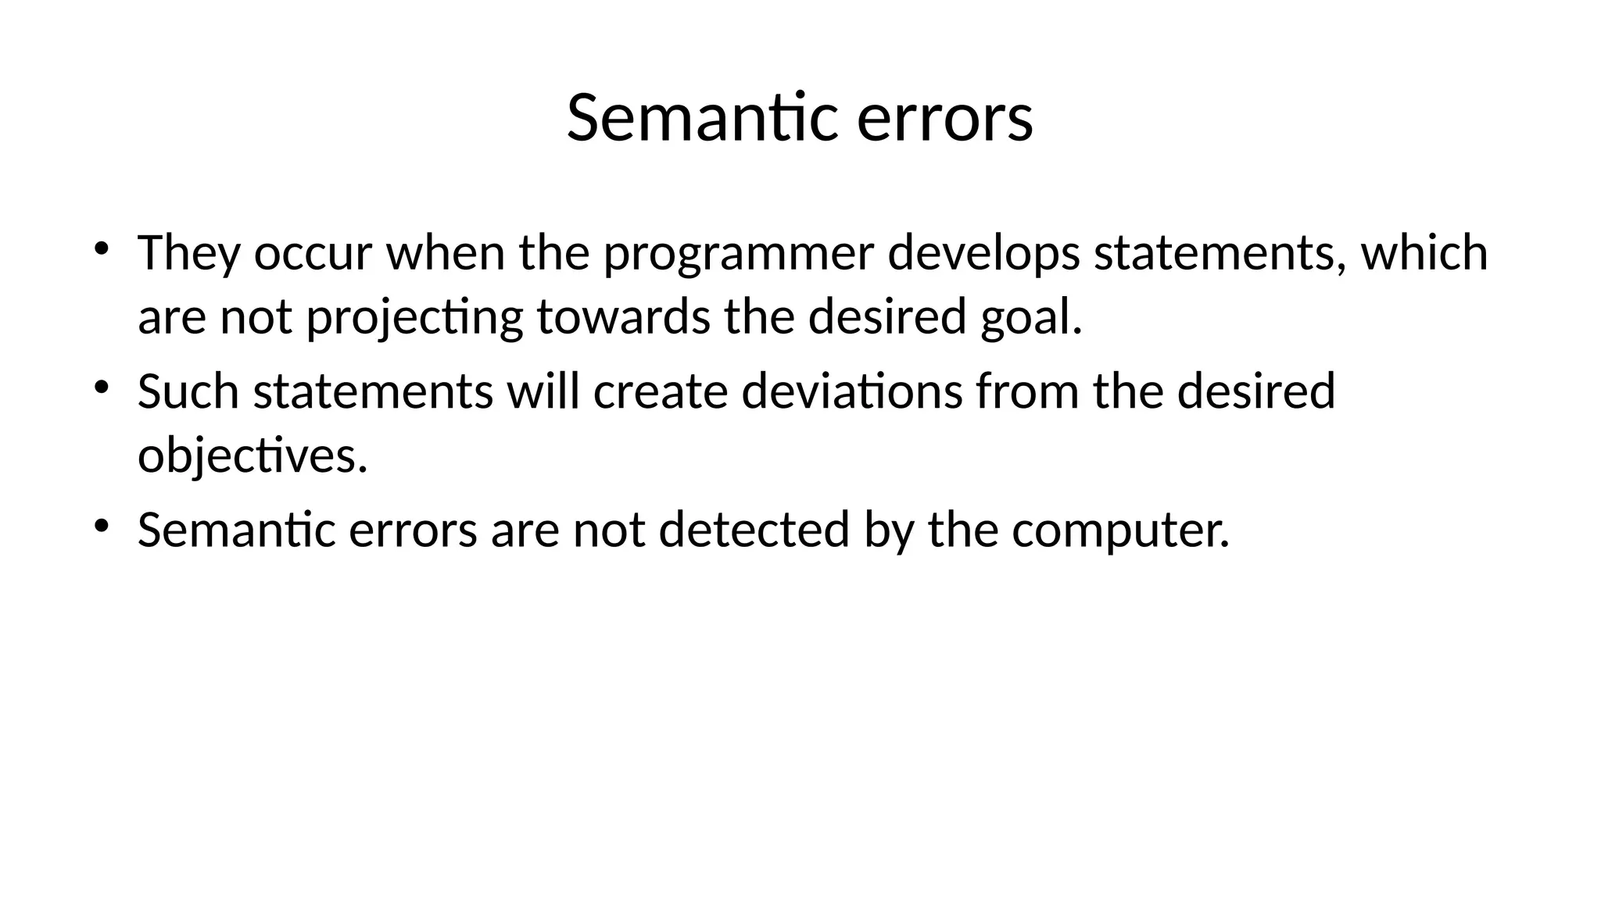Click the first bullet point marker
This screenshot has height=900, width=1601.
pyautogui.click(x=101, y=248)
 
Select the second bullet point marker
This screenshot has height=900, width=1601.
pyautogui.click(x=101, y=387)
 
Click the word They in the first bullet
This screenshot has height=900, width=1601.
pyautogui.click(x=188, y=253)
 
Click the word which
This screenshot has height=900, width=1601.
pyautogui.click(x=1424, y=253)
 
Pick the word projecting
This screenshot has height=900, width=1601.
pyautogui.click(x=414, y=319)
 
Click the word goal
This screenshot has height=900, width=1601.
pyautogui.click(x=1031, y=319)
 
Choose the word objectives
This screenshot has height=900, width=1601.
pyautogui.click(x=252, y=456)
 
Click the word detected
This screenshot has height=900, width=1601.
pyautogui.click(x=754, y=530)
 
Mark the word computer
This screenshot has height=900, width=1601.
pyautogui.click(x=1120, y=531)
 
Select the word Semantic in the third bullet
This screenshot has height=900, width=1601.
pyautogui.click(x=236, y=530)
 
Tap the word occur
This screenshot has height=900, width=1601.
pyautogui.click(x=312, y=255)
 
